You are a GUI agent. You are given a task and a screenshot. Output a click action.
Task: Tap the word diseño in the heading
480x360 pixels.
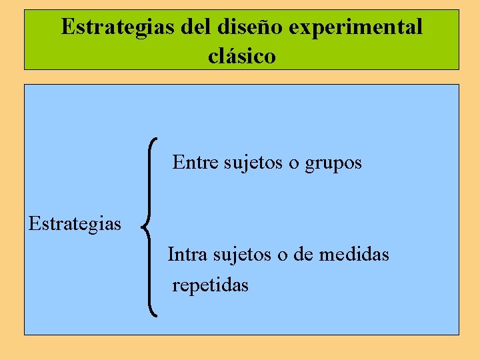pyautogui.click(x=243, y=27)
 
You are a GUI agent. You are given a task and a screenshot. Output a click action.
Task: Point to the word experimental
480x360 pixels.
pyautogui.click(x=353, y=27)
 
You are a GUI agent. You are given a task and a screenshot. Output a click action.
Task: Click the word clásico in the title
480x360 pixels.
pyautogui.click(x=242, y=56)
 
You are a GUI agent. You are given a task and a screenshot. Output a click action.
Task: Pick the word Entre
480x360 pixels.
pyautogui.click(x=195, y=162)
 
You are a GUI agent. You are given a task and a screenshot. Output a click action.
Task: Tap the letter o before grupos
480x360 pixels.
pyautogui.click(x=294, y=163)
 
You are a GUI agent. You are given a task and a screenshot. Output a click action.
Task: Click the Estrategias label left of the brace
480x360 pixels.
pyautogui.click(x=75, y=223)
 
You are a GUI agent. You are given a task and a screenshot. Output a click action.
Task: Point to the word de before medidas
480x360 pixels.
pyautogui.click(x=304, y=254)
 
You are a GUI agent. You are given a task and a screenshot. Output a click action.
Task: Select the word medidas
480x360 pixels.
pyautogui.click(x=355, y=254)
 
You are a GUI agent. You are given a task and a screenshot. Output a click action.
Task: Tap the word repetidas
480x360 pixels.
pyautogui.click(x=210, y=285)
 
